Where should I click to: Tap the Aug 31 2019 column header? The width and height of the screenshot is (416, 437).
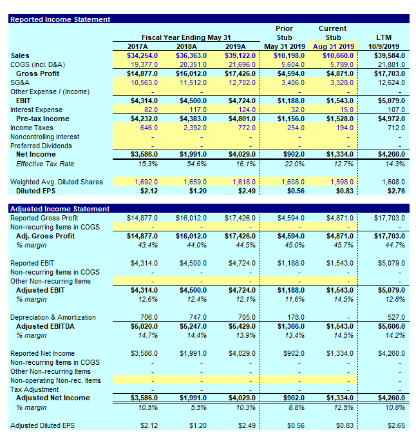[x=333, y=46]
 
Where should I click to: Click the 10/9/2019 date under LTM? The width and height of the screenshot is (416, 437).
[x=383, y=46]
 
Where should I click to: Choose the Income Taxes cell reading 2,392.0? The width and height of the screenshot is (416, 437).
[x=193, y=128]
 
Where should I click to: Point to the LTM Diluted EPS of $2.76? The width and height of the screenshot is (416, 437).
[x=392, y=191]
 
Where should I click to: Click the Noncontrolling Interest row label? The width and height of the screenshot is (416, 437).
[x=45, y=137]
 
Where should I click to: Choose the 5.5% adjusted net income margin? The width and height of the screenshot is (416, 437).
[x=198, y=408]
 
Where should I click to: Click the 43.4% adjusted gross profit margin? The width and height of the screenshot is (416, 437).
[x=147, y=246]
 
